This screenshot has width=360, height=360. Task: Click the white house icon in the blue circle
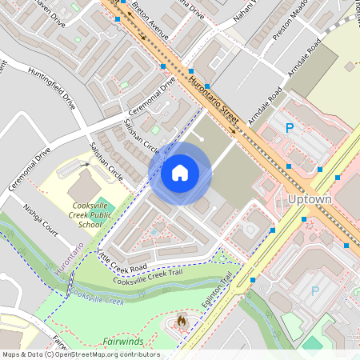(180, 172)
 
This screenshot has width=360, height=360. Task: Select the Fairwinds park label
(123, 342)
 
